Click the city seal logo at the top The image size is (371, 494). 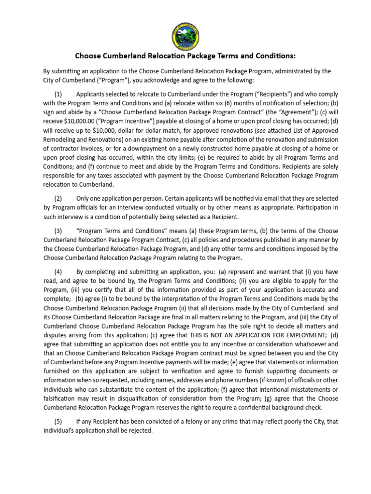coord(185,35)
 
